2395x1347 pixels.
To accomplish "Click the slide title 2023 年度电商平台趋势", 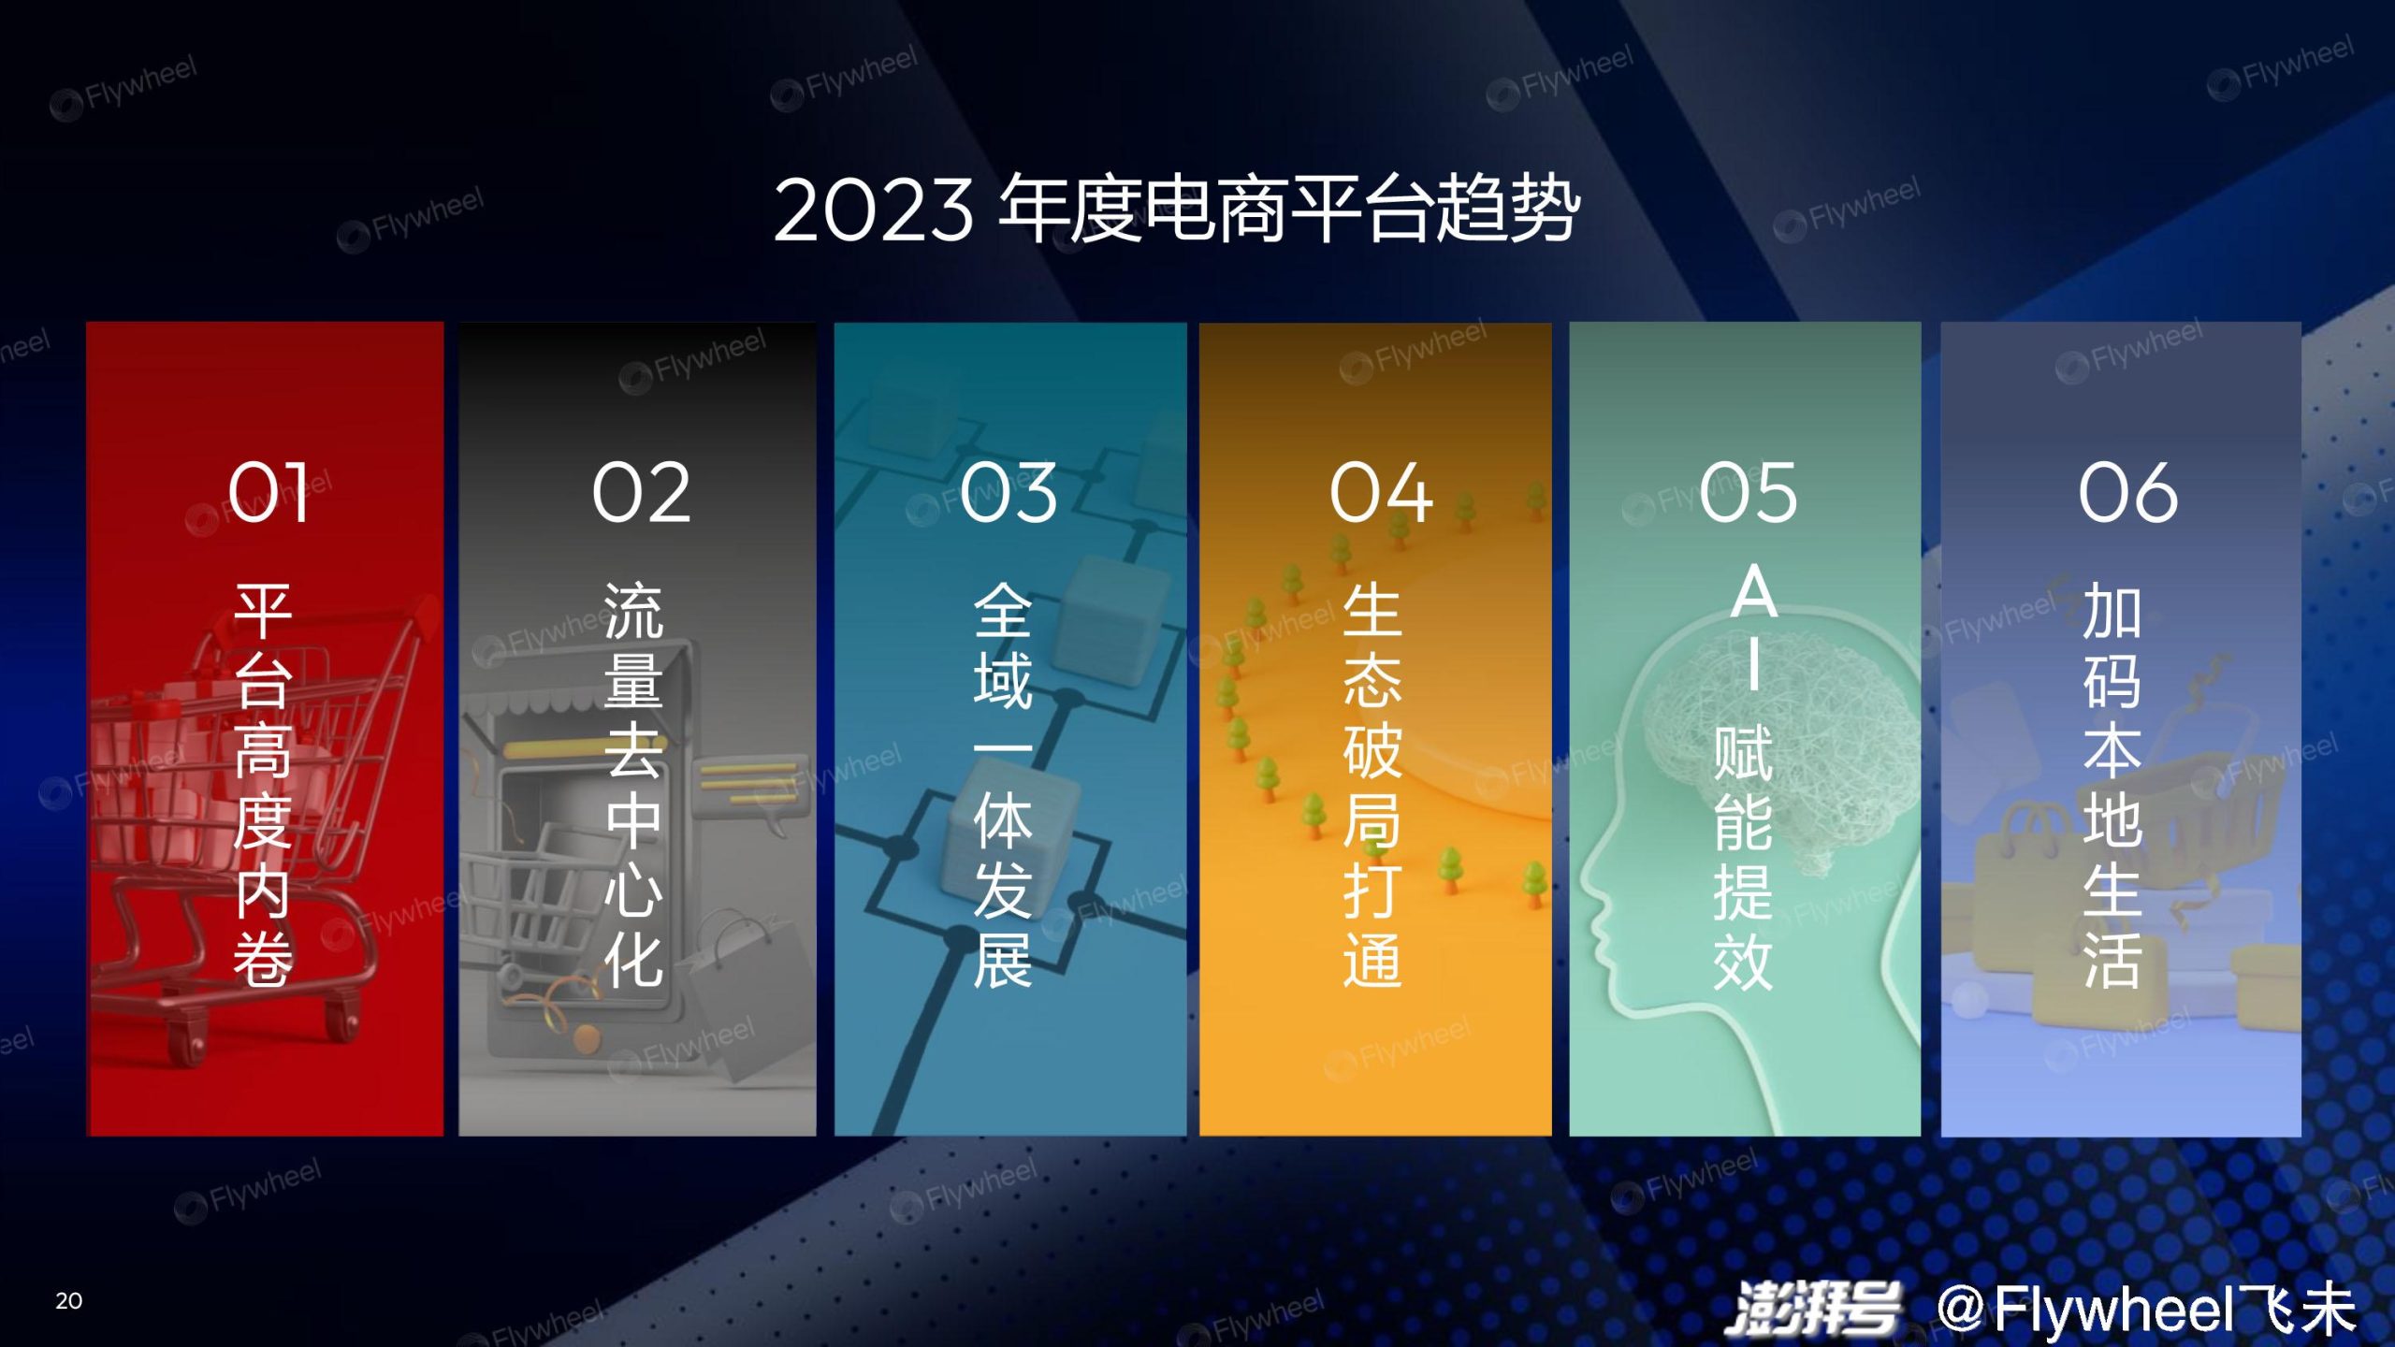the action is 1177,210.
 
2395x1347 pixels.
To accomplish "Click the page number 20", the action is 68,1300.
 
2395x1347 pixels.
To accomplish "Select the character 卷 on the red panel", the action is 263,960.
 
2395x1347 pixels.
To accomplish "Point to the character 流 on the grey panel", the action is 633,611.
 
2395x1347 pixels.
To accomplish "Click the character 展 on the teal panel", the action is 1003,960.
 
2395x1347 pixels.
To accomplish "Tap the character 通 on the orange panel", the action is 1372,960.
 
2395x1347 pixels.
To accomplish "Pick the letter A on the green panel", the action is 1754,593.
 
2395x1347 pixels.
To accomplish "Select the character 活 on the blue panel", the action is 2112,960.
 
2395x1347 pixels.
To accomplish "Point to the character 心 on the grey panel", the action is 633,890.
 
